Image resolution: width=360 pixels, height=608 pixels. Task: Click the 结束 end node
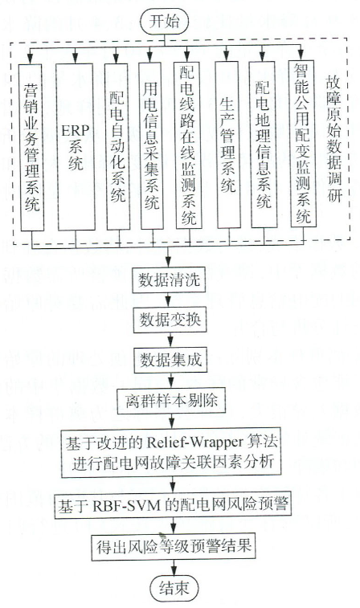(x=174, y=588)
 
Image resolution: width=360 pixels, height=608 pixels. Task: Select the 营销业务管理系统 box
(x=31, y=148)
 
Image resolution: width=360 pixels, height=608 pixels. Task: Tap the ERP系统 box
(x=76, y=147)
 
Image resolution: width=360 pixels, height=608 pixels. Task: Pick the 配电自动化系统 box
(x=118, y=146)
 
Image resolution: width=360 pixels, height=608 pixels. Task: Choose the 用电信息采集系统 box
(x=151, y=146)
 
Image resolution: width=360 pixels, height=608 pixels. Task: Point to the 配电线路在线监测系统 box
(x=189, y=145)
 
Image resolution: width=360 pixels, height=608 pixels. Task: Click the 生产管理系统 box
(x=229, y=145)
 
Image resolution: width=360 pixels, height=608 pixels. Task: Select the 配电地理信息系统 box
(x=263, y=145)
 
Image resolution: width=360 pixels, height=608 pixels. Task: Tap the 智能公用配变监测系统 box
(x=302, y=144)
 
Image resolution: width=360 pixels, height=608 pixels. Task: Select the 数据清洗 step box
(x=169, y=280)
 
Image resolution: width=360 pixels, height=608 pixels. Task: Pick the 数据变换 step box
(x=169, y=320)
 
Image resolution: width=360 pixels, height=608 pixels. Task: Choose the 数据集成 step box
(x=170, y=361)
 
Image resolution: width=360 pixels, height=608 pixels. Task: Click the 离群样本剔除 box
(x=170, y=401)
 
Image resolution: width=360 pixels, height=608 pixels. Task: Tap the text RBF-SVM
(x=126, y=506)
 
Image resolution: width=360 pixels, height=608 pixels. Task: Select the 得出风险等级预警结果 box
(x=174, y=547)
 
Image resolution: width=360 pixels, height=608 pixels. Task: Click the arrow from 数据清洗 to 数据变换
(x=169, y=300)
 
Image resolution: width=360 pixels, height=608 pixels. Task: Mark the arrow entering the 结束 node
(x=174, y=569)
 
